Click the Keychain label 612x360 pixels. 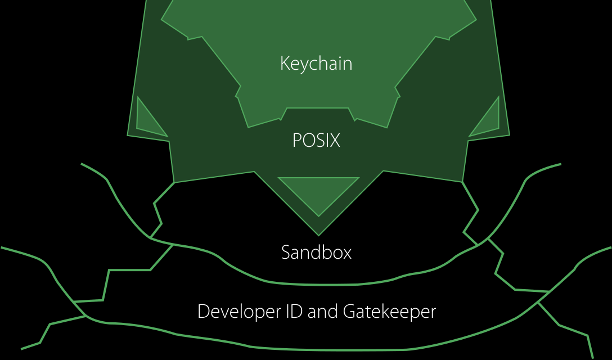[x=316, y=63]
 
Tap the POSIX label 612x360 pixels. [x=316, y=140]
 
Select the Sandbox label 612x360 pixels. [x=316, y=253]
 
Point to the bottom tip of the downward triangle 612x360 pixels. [x=318, y=215]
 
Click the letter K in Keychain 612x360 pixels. [x=285, y=63]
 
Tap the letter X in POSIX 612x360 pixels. [x=335, y=140]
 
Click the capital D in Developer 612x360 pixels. [x=203, y=311]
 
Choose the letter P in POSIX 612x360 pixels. [x=297, y=140]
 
